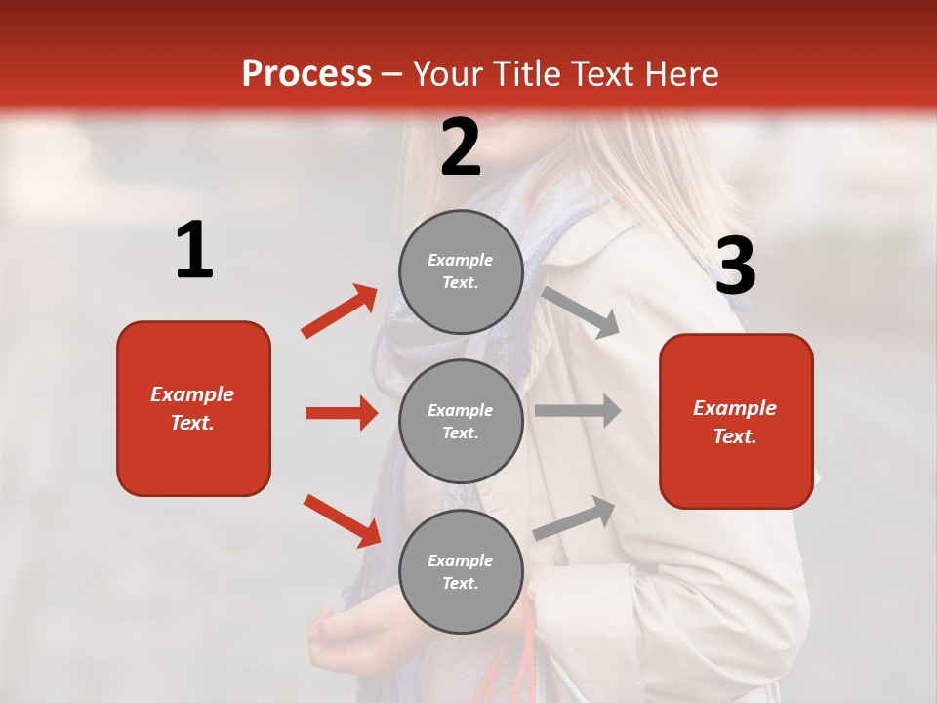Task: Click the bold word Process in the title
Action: [x=306, y=74]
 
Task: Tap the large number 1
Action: [x=194, y=251]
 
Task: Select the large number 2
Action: [x=461, y=147]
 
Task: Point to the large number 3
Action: [x=735, y=267]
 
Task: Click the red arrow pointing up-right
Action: [x=339, y=311]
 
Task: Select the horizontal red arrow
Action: [x=342, y=413]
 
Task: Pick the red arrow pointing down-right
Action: [x=342, y=520]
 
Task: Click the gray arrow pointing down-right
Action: [x=581, y=311]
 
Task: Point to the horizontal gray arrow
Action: [x=578, y=410]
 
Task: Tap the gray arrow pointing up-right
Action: [x=575, y=517]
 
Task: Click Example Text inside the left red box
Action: [x=192, y=408]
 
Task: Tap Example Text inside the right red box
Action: [x=735, y=422]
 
